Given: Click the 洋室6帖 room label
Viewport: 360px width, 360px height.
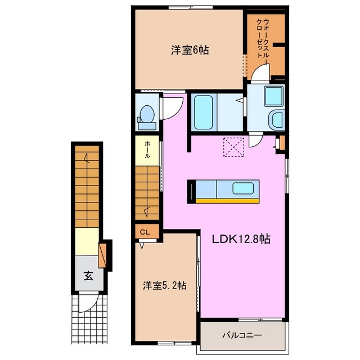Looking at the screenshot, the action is coord(190,50).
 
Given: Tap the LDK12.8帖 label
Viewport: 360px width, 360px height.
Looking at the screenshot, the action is coord(241,239).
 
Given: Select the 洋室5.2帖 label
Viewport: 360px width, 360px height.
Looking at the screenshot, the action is coord(165,285).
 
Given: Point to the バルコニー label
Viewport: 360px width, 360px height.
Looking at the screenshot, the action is coord(242,335).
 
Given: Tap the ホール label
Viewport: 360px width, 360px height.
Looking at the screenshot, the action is coord(147,150).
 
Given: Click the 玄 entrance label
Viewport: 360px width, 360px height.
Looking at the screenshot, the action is coord(88,276).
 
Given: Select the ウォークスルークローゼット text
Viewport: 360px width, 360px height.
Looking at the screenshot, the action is coord(263,39).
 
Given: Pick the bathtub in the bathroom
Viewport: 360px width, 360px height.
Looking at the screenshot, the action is coord(203,112).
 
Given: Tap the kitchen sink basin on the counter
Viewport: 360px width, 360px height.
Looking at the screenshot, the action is coord(243,188).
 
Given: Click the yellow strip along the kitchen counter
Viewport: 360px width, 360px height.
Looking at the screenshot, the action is coord(227,201).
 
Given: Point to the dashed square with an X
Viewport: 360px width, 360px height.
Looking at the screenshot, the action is coord(233,147).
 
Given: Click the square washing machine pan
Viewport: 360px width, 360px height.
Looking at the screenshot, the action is coord(273,96).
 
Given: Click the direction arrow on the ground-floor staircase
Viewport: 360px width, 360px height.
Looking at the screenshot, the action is coord(87,159).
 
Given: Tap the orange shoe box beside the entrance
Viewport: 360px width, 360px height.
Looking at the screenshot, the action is coord(102,255).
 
